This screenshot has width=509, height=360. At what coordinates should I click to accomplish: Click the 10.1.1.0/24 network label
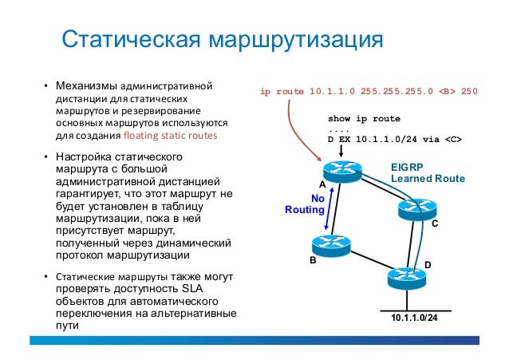click(414, 318)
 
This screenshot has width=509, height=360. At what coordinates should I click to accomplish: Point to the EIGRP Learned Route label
click(427, 174)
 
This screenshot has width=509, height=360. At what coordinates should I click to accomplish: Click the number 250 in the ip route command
click(468, 91)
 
